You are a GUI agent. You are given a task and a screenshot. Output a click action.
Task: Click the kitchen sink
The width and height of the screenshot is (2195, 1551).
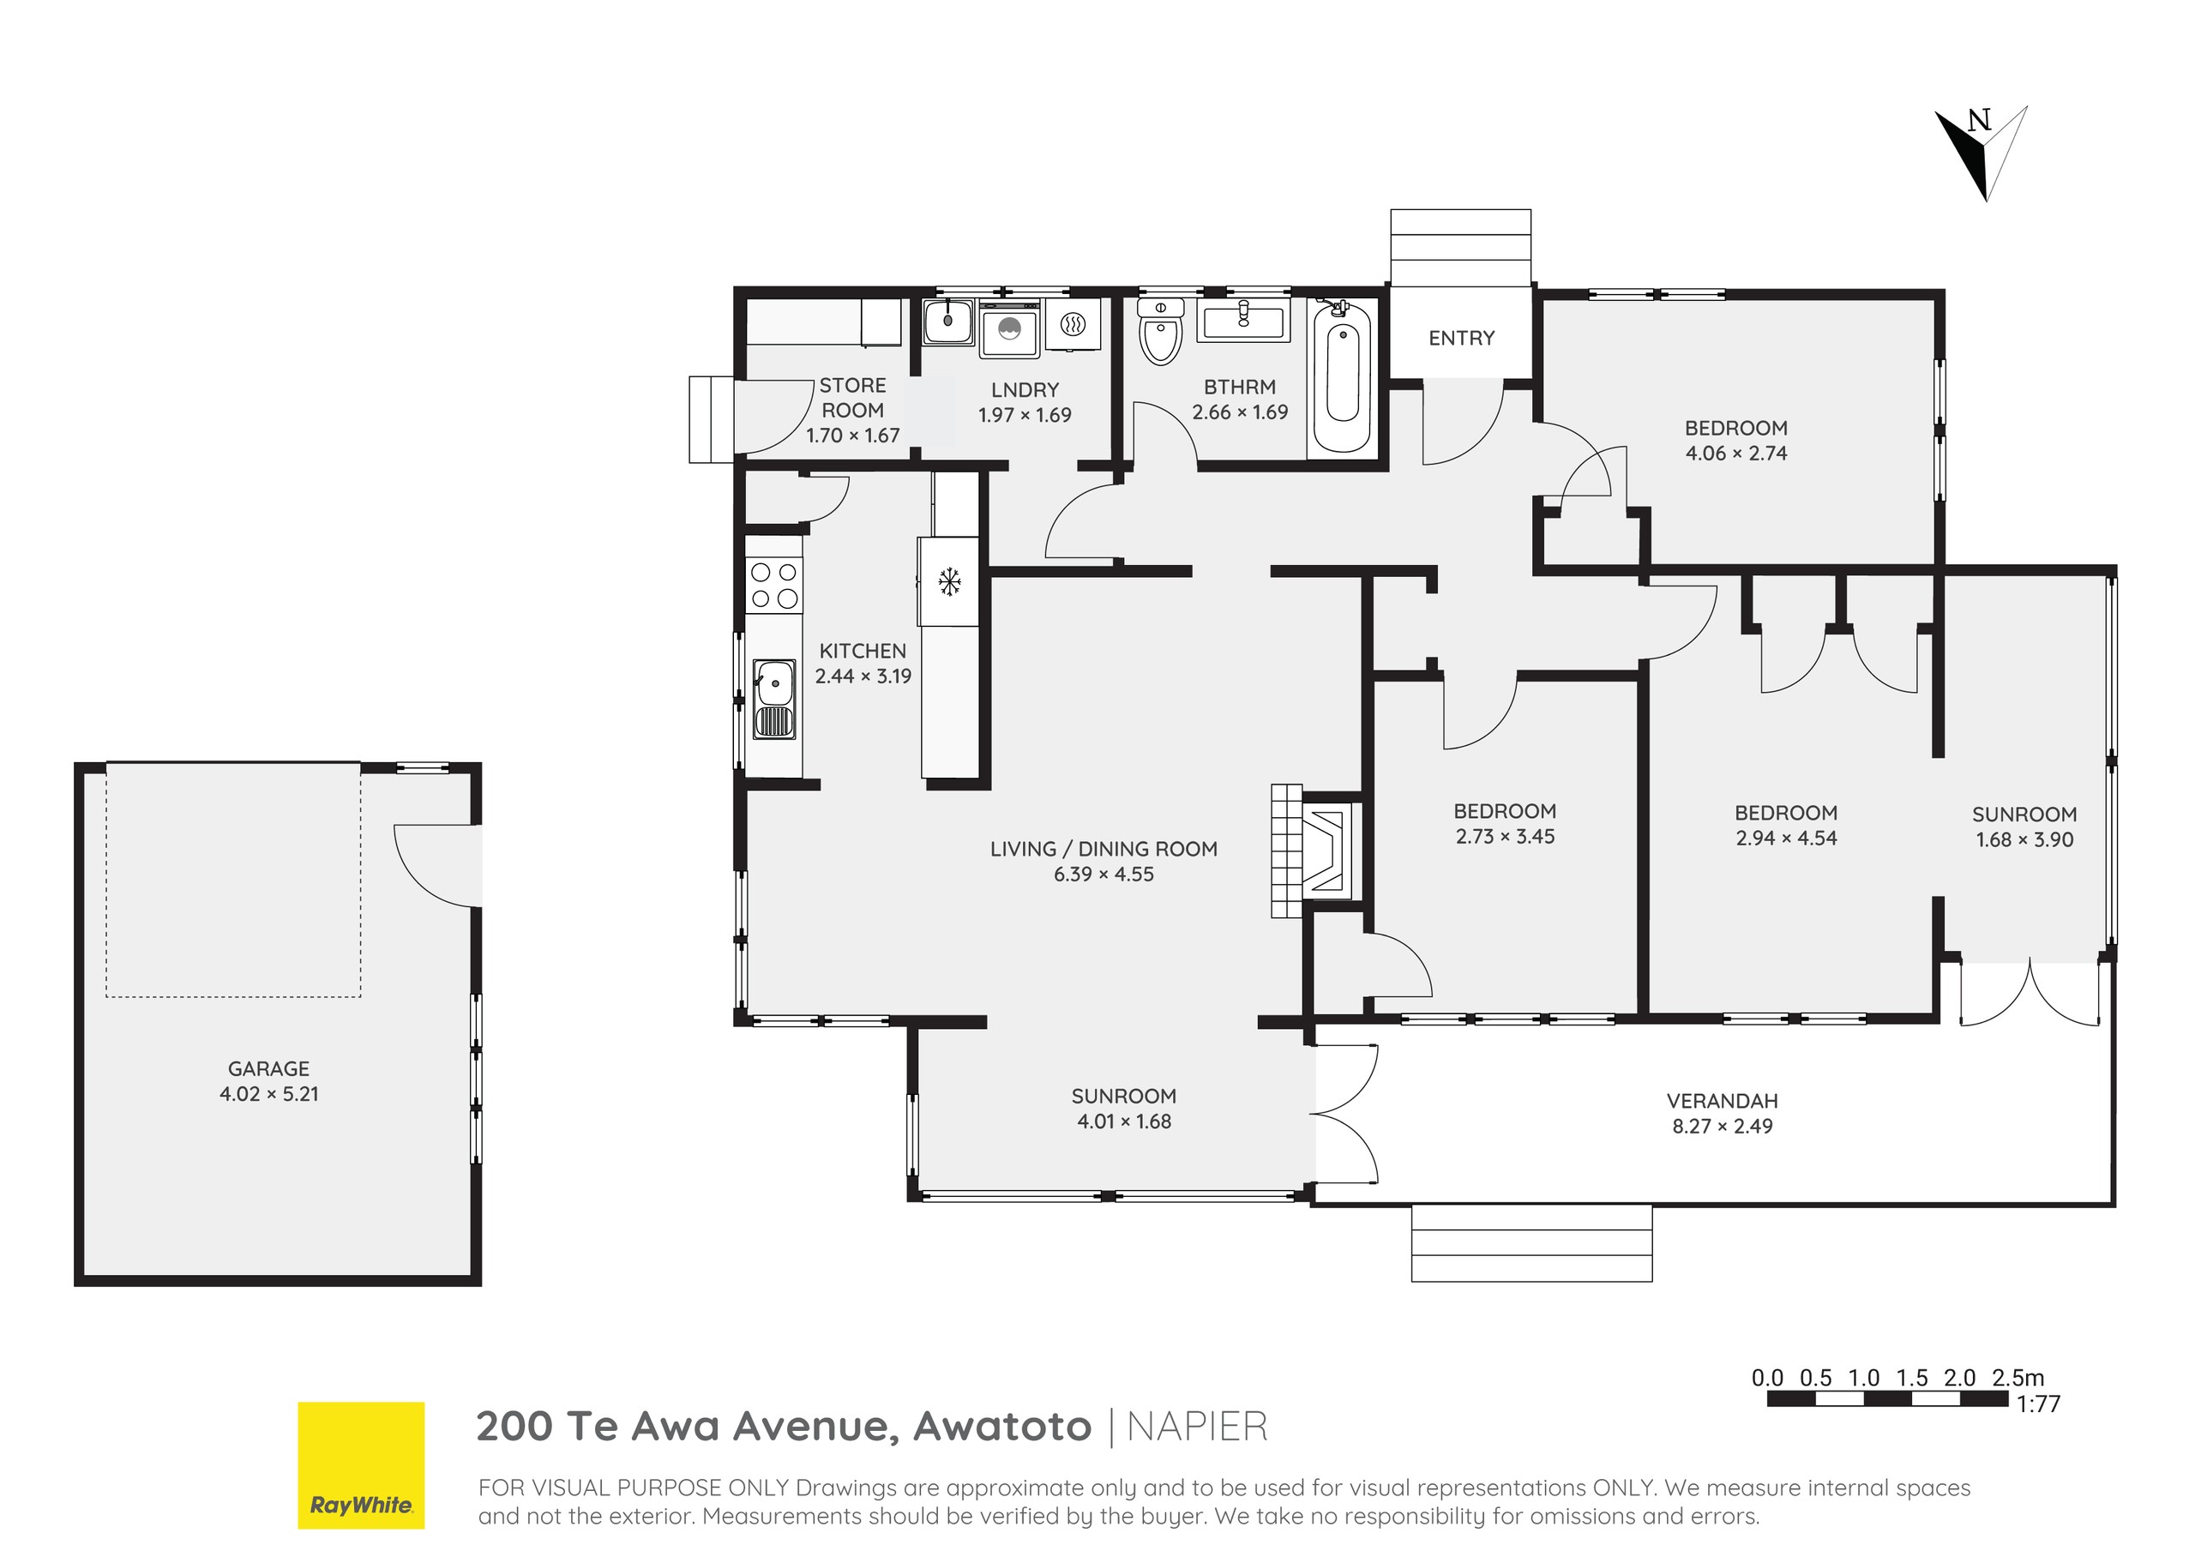click(773, 699)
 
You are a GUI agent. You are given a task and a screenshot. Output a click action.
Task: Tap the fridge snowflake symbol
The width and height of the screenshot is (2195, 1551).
click(949, 580)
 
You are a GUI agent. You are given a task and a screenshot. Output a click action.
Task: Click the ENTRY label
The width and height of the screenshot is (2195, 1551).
click(1461, 339)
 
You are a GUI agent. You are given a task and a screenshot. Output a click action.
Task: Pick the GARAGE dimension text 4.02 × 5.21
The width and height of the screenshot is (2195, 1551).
click(268, 1094)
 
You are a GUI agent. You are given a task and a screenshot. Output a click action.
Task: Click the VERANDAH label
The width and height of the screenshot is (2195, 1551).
click(1722, 1101)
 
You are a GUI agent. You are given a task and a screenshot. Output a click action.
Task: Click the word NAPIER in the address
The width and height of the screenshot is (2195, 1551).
click(1197, 1427)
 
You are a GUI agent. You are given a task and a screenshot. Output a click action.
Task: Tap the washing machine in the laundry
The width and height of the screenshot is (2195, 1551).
click(1008, 330)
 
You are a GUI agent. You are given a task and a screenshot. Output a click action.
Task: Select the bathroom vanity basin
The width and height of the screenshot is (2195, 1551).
click(1242, 316)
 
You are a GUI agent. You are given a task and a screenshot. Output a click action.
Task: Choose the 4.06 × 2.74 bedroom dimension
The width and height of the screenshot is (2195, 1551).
click(1735, 454)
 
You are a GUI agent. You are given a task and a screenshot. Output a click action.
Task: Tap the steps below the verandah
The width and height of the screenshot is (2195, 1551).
click(1530, 1243)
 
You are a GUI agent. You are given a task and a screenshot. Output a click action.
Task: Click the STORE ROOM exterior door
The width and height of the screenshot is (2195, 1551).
click(765, 418)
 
